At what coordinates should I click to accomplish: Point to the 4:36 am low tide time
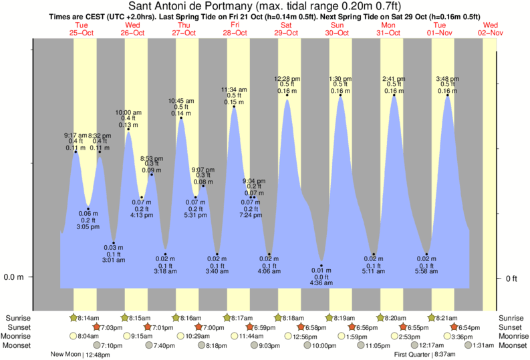(321, 283)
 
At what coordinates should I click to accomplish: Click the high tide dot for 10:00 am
(128, 130)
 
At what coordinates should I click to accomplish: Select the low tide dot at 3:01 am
(114, 242)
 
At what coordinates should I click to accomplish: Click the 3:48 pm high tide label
(447, 79)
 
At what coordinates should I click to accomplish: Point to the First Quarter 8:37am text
(424, 354)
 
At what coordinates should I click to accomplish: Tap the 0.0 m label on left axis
(14, 277)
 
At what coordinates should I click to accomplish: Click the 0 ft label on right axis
(513, 278)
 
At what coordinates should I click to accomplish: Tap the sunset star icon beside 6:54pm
(454, 327)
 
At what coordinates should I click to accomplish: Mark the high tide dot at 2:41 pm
(394, 96)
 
